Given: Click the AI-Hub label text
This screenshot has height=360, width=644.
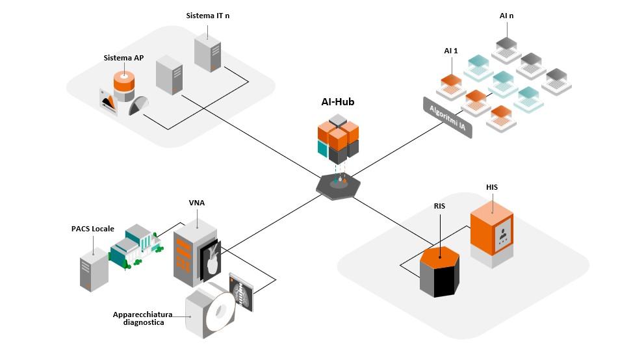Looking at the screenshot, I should tap(337, 101).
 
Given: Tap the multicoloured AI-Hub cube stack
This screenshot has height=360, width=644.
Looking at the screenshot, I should tap(338, 138).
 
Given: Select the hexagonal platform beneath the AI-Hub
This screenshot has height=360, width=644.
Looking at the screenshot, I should tap(338, 185).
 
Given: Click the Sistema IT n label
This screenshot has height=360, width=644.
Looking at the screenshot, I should tap(207, 15).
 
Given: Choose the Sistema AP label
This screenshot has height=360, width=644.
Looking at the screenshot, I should tap(123, 58).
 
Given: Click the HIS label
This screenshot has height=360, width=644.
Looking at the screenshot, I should tap(492, 187).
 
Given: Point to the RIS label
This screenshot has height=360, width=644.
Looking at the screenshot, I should tap(439, 206).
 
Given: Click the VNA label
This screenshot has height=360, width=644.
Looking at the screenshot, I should tap(197, 203).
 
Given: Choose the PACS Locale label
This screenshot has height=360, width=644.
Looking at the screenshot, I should tap(93, 229).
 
